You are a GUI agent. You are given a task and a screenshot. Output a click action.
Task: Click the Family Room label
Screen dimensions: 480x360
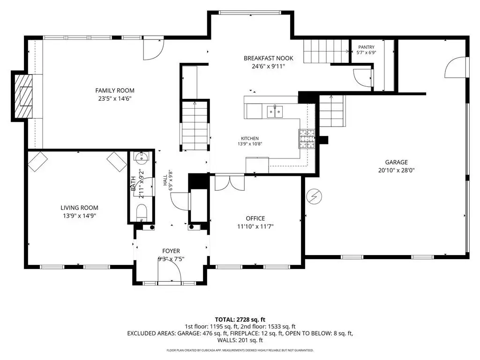click(115, 90)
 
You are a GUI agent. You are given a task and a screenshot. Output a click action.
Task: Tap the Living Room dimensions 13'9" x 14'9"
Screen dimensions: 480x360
click(80, 216)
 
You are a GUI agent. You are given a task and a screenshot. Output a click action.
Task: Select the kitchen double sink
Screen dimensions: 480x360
click(275, 112)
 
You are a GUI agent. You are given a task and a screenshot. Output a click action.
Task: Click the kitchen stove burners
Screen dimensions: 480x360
click(307, 139)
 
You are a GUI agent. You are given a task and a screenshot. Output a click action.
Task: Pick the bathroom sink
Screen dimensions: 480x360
click(142, 157)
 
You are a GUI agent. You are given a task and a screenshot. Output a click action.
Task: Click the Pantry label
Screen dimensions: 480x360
click(367, 47)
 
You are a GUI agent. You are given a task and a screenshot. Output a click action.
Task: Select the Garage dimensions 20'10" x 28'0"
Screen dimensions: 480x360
click(397, 171)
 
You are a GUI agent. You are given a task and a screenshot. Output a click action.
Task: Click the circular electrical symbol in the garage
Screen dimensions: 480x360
click(314, 196)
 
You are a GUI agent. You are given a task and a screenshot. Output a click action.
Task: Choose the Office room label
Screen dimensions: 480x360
click(255, 218)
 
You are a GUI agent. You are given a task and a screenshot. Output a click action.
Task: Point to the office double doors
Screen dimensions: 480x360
click(230, 182)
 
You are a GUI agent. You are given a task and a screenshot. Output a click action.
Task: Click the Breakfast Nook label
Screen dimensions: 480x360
click(269, 58)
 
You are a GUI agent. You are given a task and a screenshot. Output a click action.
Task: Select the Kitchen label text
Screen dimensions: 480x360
click(250, 138)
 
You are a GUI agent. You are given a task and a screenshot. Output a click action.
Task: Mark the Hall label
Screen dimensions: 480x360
click(165, 180)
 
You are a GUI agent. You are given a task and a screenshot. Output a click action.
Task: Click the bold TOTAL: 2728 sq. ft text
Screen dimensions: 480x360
click(240, 320)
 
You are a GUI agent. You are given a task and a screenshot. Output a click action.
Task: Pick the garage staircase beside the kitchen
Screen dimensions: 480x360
click(333, 111)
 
